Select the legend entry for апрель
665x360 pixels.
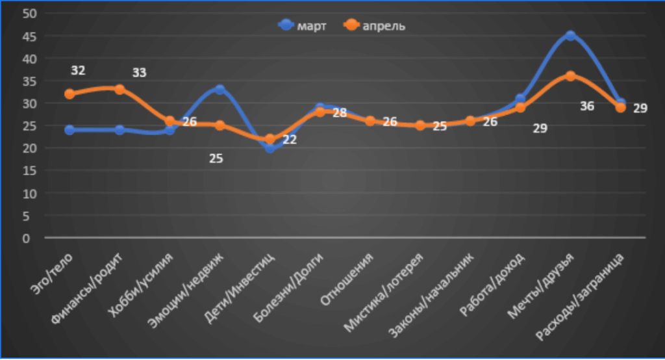375,25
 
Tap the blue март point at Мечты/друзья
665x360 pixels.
570,36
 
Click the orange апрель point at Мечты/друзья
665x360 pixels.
570,76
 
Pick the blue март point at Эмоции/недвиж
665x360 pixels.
220,90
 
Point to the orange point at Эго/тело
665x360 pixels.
69,94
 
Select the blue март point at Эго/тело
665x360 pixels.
69,130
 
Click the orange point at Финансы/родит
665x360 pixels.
119,89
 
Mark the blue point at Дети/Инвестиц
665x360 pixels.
270,148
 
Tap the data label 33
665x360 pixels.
139,73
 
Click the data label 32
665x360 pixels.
79,70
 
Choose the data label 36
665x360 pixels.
586,106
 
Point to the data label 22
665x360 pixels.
290,139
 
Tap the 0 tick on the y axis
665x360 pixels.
27,238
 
